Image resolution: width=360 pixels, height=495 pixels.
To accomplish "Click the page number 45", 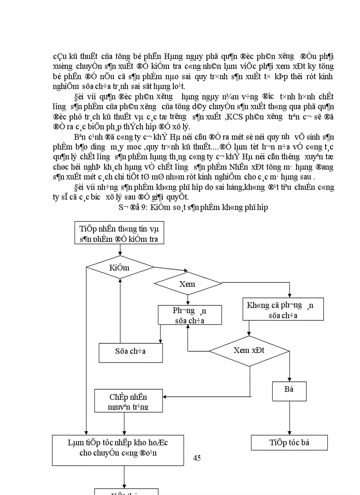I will click(x=197, y=458).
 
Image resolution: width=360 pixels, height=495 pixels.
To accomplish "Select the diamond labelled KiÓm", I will click(x=119, y=267).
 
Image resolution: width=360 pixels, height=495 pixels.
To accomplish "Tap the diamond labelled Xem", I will click(x=187, y=284).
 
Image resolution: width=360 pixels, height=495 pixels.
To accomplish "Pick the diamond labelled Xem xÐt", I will click(x=248, y=350).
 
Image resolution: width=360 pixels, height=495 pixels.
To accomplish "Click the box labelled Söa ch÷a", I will click(x=131, y=351).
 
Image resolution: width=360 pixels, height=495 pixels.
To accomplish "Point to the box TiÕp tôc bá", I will click(x=289, y=443).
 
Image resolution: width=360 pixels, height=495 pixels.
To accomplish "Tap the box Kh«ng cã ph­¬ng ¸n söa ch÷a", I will click(x=283, y=309).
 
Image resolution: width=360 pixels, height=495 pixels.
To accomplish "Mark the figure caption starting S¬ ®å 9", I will click(x=193, y=207).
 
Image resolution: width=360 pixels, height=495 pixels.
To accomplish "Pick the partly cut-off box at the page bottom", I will click(x=127, y=491).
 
